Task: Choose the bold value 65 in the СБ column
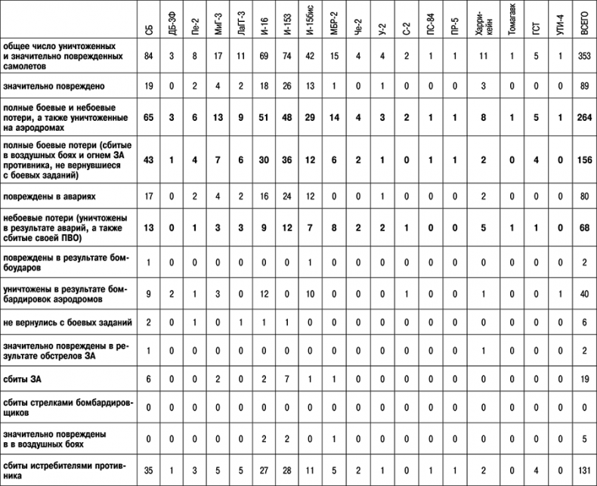click(x=148, y=118)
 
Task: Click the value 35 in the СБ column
click(x=148, y=471)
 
